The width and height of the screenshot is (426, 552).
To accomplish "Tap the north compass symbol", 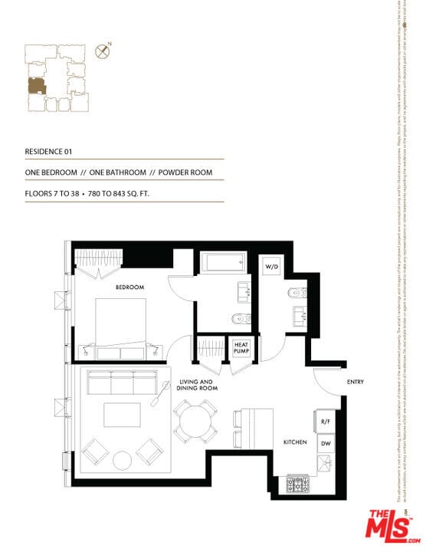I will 101,52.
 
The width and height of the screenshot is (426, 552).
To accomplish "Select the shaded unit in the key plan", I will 36,86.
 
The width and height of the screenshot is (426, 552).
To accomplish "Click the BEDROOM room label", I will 129,287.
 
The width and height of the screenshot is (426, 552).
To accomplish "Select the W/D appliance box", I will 272,266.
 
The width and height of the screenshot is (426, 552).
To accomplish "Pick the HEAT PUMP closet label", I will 241,348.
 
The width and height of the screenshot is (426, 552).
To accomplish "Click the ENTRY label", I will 355,382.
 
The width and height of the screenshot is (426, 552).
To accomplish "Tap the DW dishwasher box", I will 324,444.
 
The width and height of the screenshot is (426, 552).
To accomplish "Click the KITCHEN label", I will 295,443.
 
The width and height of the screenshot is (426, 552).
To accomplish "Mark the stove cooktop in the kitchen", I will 297,485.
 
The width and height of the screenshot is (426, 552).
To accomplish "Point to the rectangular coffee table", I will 123,416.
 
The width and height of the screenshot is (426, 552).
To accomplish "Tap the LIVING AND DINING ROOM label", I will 198,385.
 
